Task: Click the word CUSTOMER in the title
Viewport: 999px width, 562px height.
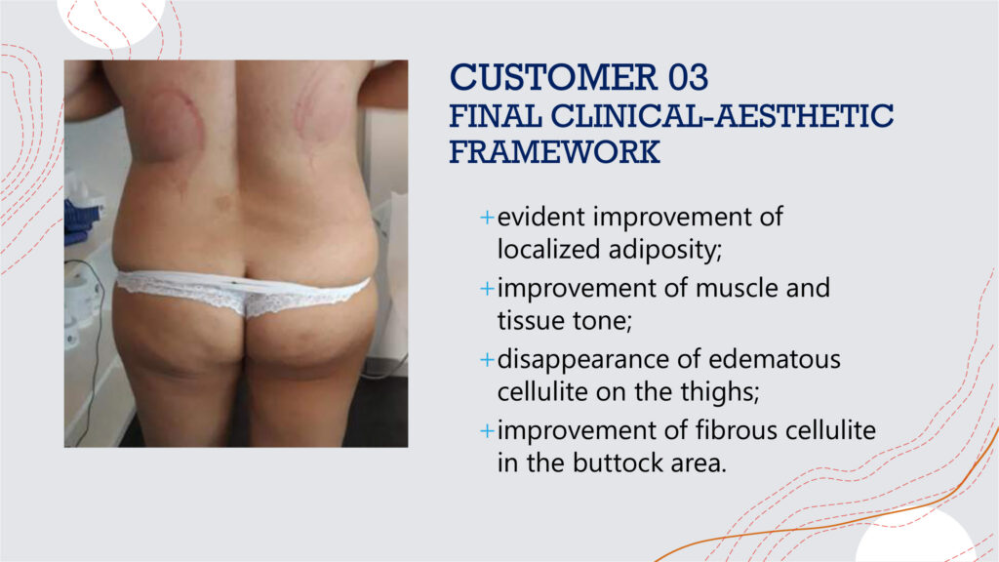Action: [554, 77]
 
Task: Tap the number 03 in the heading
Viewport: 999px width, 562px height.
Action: [688, 77]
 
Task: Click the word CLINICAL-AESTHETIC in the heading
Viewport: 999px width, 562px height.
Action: [722, 116]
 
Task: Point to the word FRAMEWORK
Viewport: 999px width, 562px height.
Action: [554, 152]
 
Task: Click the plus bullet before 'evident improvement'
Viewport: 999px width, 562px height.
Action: [487, 218]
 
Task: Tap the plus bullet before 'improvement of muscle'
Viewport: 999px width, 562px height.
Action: [487, 289]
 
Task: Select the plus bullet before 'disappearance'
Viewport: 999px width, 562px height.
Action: [487, 360]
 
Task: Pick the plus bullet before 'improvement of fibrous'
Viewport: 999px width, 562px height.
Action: [487, 431]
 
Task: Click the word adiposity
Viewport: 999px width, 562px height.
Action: [665, 250]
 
